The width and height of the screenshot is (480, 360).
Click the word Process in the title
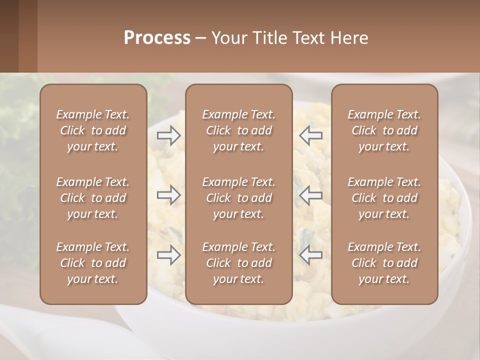pos(157,38)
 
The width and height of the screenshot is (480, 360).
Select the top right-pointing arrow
pos(168,135)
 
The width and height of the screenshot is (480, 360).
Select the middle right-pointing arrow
pos(168,195)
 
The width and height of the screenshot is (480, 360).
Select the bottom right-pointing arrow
pos(168,255)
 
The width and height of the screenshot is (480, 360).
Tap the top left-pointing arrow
pos(311,135)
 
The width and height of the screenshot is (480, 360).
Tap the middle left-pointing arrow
pos(311,195)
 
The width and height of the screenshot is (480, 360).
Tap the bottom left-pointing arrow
pos(311,255)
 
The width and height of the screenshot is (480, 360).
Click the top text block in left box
pos(93,130)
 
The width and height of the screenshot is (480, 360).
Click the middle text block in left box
pos(93,198)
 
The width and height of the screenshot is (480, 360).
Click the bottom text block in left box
pos(93,263)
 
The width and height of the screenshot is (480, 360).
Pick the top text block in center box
pos(239,130)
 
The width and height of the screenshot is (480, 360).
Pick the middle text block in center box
pos(239,198)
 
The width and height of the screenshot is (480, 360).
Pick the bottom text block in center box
pos(239,263)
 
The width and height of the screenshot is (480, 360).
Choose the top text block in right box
pos(384,130)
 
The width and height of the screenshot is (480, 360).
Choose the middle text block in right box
pos(384,198)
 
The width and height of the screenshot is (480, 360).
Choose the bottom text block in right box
pos(384,263)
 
